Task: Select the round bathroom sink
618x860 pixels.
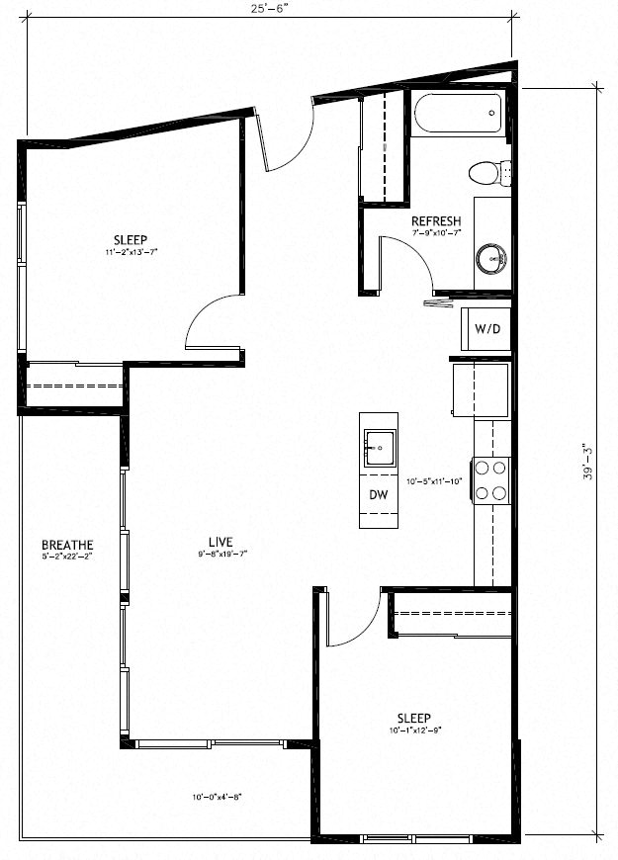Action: (490, 260)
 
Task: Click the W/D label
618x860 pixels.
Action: (486, 328)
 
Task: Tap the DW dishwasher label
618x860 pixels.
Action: (379, 494)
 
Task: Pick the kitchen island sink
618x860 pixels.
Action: (379, 447)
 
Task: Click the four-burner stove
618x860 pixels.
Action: (491, 479)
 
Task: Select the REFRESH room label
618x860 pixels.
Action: (436, 220)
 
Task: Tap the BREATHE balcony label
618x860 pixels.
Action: (67, 545)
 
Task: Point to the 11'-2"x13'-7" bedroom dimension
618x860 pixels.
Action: (131, 252)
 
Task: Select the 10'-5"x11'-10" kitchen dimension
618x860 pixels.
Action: (435, 482)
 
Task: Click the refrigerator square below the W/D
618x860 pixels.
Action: (481, 388)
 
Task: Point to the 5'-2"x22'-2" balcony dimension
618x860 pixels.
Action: (67, 558)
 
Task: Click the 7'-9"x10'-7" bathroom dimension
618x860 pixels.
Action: (436, 233)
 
